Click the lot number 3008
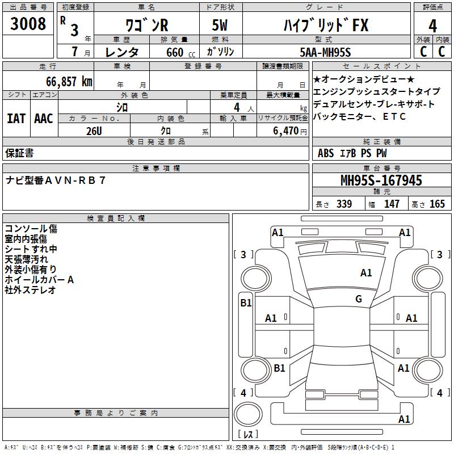click(28, 24)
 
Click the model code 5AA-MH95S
click(325, 52)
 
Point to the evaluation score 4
click(433, 26)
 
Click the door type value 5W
click(221, 26)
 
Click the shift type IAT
click(16, 119)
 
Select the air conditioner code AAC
click(44, 119)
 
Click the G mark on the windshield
click(358, 299)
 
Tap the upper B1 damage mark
click(245, 303)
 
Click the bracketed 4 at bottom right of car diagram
click(438, 393)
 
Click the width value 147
click(392, 204)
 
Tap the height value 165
click(437, 204)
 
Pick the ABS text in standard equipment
click(326, 153)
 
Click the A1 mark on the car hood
click(366, 273)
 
